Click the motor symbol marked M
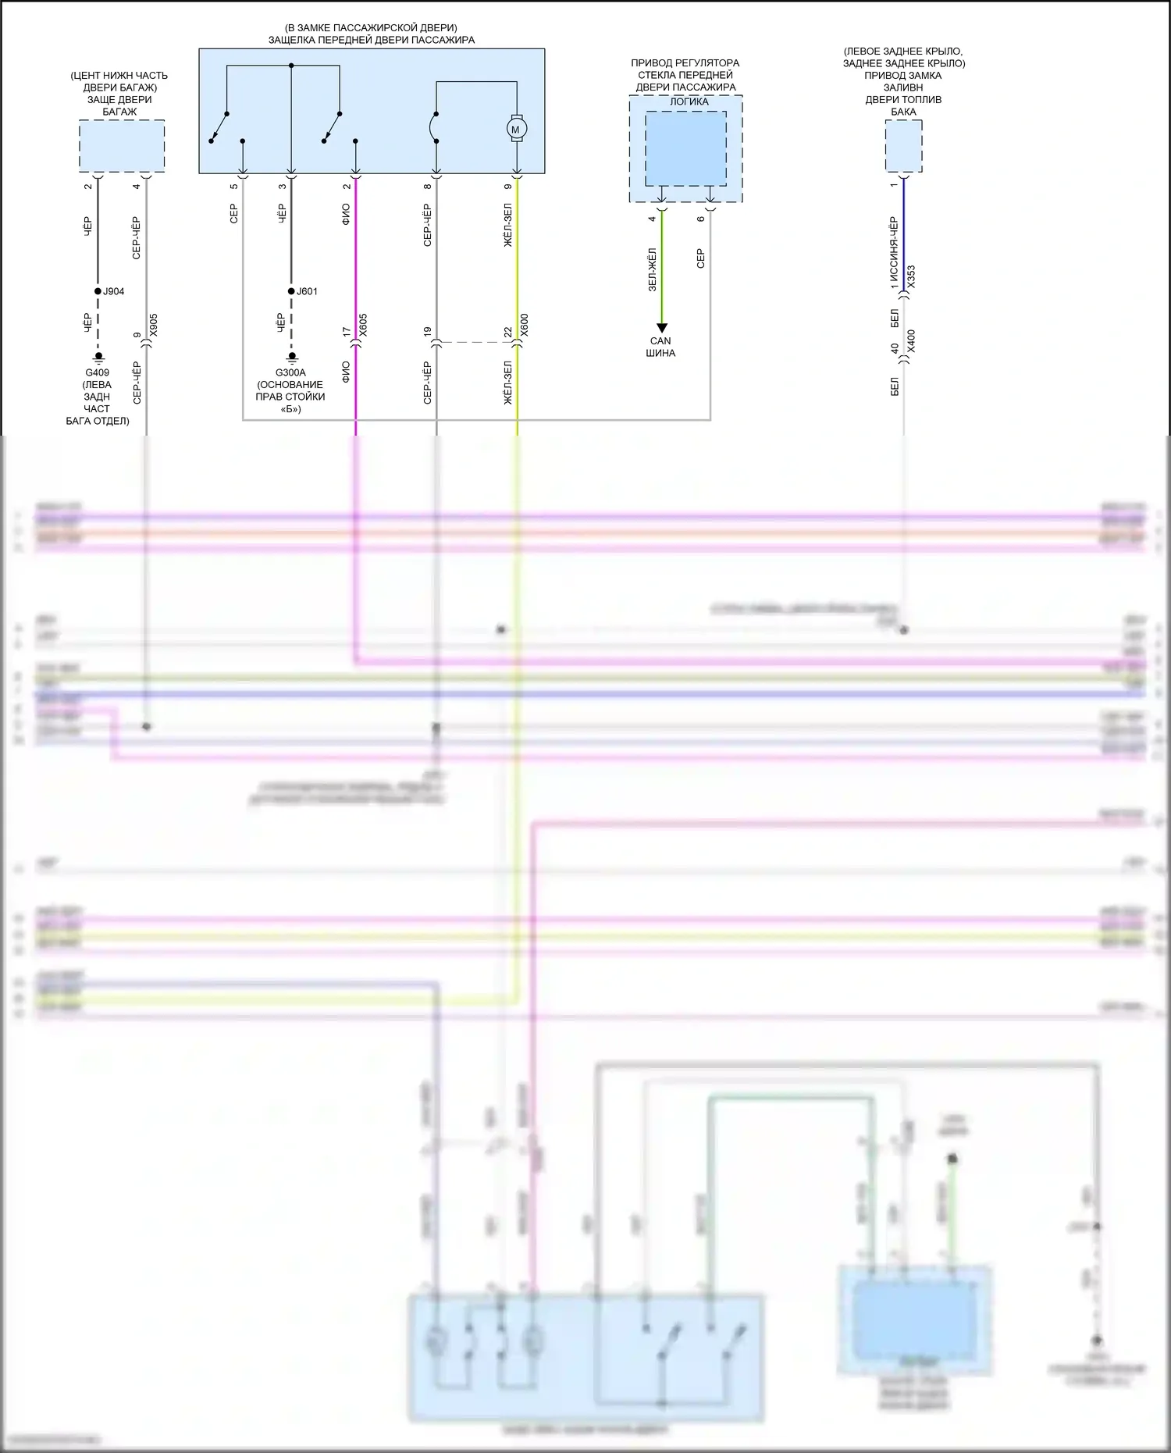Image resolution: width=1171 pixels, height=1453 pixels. (x=515, y=129)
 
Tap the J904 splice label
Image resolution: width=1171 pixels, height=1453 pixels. (x=113, y=291)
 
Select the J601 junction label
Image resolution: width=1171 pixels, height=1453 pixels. (x=307, y=291)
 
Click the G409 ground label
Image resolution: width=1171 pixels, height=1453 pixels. (x=98, y=373)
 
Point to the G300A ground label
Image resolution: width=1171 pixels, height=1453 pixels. (x=290, y=373)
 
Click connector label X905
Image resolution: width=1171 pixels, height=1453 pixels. (x=154, y=325)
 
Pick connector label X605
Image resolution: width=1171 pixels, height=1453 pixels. (x=363, y=325)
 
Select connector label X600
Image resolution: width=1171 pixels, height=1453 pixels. (x=525, y=325)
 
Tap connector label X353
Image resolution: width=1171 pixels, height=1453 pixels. (x=911, y=277)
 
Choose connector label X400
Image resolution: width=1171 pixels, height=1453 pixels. (x=911, y=341)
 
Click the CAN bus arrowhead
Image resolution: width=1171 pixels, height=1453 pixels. (x=661, y=328)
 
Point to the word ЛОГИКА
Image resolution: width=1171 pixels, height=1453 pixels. (x=689, y=101)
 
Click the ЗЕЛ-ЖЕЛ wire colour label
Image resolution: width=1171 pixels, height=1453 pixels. (x=653, y=269)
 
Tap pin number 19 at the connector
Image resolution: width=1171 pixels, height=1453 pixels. (x=428, y=332)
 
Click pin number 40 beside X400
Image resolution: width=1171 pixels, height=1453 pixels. (x=895, y=348)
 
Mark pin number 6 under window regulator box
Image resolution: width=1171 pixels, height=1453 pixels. (x=701, y=219)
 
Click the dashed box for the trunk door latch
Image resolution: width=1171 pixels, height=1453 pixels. (x=122, y=146)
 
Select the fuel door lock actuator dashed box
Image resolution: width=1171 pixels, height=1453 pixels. (x=903, y=146)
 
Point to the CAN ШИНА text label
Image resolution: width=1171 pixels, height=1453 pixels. (x=660, y=347)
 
